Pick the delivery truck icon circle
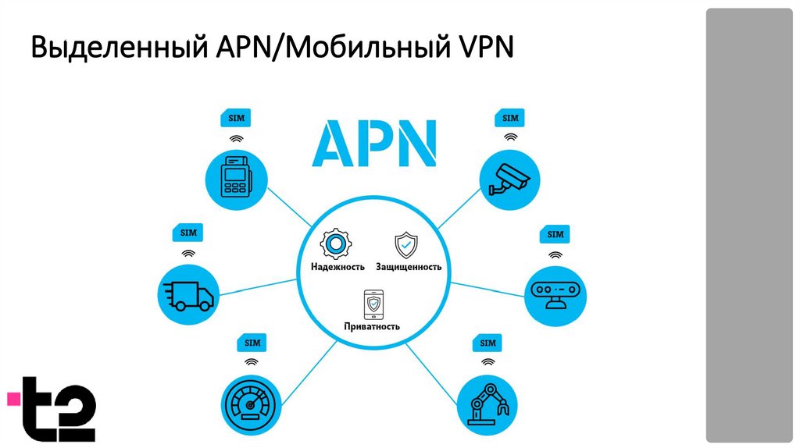[188, 293]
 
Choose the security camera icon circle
[510, 179]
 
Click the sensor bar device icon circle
[555, 293]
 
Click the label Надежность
[333, 267]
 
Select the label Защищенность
[409, 267]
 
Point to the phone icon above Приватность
[373, 304]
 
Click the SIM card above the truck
[188, 233]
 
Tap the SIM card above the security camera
[510, 119]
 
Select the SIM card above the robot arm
[487, 343]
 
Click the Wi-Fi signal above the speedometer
[252, 363]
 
